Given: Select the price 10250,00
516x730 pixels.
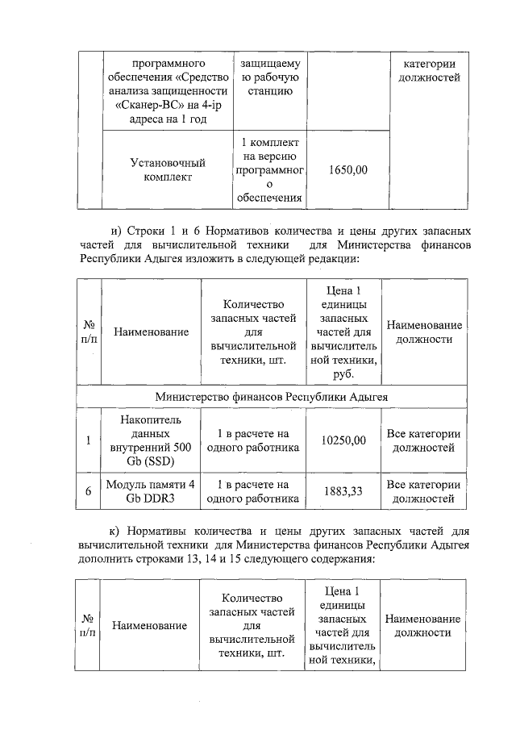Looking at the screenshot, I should pyautogui.click(x=343, y=440).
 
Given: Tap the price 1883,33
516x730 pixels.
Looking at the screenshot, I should pyautogui.click(x=343, y=491).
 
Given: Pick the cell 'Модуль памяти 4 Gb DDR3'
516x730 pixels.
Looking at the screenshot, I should pyautogui.click(x=151, y=491).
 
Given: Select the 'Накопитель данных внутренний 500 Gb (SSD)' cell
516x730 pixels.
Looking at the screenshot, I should pyautogui.click(x=151, y=440).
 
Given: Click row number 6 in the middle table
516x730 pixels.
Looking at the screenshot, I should pyautogui.click(x=88, y=491).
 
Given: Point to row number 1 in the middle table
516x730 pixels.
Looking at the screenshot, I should pyautogui.click(x=88, y=440).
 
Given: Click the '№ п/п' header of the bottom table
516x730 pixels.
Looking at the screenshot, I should pyautogui.click(x=88, y=625).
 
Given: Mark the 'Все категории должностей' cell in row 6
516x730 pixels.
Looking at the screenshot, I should pyautogui.click(x=424, y=491).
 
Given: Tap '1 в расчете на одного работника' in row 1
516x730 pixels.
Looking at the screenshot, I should pyautogui.click(x=253, y=440).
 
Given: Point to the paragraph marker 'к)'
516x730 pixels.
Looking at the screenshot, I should pyautogui.click(x=117, y=532).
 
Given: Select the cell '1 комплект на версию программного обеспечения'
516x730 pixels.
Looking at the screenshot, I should pyautogui.click(x=270, y=170).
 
